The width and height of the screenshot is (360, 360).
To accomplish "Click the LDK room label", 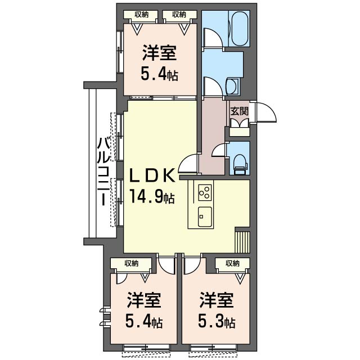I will (x=151, y=176).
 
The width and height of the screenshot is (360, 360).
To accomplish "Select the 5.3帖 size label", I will (x=217, y=323).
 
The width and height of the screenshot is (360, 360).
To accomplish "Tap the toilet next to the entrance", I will (x=238, y=160).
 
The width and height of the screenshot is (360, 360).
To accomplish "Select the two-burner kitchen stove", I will (x=204, y=192).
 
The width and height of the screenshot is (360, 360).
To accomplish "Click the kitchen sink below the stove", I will (x=204, y=216).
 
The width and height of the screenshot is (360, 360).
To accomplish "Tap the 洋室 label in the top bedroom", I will (x=160, y=53).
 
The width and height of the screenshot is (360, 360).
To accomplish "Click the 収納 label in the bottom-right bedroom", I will (x=232, y=263).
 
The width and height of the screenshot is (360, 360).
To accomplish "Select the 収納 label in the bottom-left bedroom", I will (x=131, y=263).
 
